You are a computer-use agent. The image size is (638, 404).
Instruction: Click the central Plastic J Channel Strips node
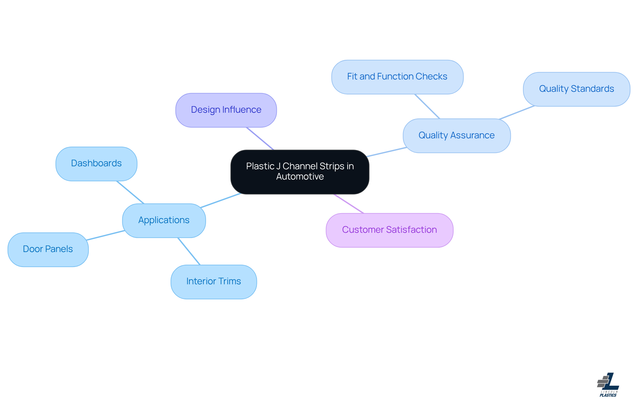pyautogui.click(x=300, y=172)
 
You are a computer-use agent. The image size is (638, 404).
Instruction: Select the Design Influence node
pyautogui.click(x=226, y=110)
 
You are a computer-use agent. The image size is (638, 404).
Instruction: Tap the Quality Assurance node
pyautogui.click(x=456, y=136)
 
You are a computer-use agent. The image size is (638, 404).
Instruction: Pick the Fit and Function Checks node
pyautogui.click(x=397, y=77)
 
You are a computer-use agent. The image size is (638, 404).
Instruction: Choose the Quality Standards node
pyautogui.click(x=576, y=89)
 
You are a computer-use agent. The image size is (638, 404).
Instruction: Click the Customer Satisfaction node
pyautogui.click(x=389, y=230)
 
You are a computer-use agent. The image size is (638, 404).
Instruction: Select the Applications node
pyautogui.click(x=164, y=220)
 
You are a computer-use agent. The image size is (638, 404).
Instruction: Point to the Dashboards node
pyautogui.click(x=96, y=164)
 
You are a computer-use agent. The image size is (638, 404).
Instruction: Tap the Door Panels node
pyautogui.click(x=48, y=249)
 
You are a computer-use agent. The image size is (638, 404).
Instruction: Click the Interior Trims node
pyautogui.click(x=214, y=282)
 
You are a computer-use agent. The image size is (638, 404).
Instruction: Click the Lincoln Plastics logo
pyautogui.click(x=608, y=385)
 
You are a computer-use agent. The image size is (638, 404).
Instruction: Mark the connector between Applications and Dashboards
pyautogui.click(x=130, y=192)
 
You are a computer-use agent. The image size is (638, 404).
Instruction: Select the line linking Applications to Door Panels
pyautogui.click(x=105, y=235)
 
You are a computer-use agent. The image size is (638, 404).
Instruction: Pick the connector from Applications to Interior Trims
pyautogui.click(x=189, y=251)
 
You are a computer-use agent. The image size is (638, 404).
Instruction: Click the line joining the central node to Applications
pyautogui.click(x=221, y=201)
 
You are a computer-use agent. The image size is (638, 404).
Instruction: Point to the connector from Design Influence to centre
pyautogui.click(x=260, y=139)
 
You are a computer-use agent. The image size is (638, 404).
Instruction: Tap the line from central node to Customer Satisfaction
pyautogui.click(x=349, y=204)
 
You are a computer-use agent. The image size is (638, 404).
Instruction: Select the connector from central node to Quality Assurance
pyautogui.click(x=386, y=152)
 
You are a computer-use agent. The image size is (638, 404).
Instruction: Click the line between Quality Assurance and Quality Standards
pyautogui.click(x=517, y=113)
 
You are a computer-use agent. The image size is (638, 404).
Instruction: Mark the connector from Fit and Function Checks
pyautogui.click(x=427, y=106)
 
